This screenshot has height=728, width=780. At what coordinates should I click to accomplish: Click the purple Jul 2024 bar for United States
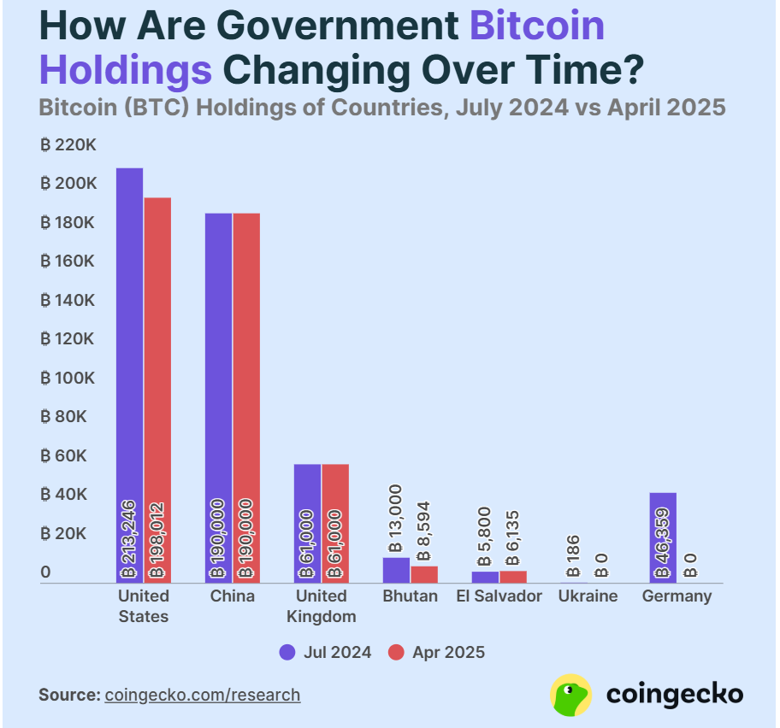(129, 342)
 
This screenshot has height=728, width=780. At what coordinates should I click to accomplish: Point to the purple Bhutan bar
(396, 570)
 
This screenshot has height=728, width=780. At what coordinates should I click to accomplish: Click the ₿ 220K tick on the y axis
(68, 145)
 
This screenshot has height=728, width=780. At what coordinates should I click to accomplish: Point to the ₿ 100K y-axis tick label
(68, 378)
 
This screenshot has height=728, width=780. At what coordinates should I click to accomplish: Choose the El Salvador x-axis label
(499, 596)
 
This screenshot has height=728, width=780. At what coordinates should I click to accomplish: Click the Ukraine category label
(588, 596)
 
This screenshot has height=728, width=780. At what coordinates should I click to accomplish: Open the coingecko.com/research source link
(203, 695)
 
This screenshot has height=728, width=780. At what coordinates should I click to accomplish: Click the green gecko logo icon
(571, 694)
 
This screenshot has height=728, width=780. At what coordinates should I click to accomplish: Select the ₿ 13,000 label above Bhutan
(395, 518)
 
